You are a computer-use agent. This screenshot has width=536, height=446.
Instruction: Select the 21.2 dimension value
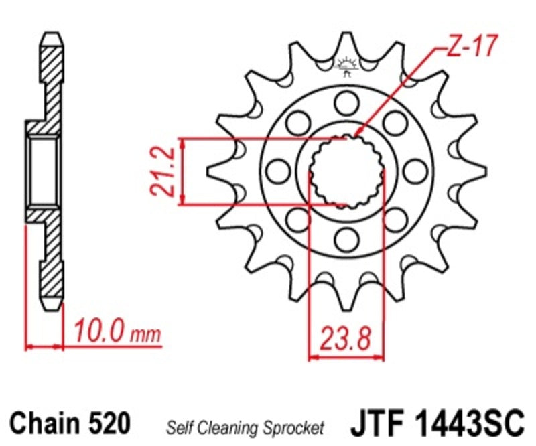[163, 171]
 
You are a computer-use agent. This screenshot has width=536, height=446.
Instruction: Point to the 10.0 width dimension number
[99, 330]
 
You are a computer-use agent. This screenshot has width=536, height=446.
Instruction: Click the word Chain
[43, 424]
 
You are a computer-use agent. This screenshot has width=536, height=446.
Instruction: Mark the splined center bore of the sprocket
[346, 171]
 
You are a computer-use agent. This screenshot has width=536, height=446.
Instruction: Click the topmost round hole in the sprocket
[346, 102]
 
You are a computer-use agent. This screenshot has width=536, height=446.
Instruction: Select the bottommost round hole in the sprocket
[346, 239]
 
